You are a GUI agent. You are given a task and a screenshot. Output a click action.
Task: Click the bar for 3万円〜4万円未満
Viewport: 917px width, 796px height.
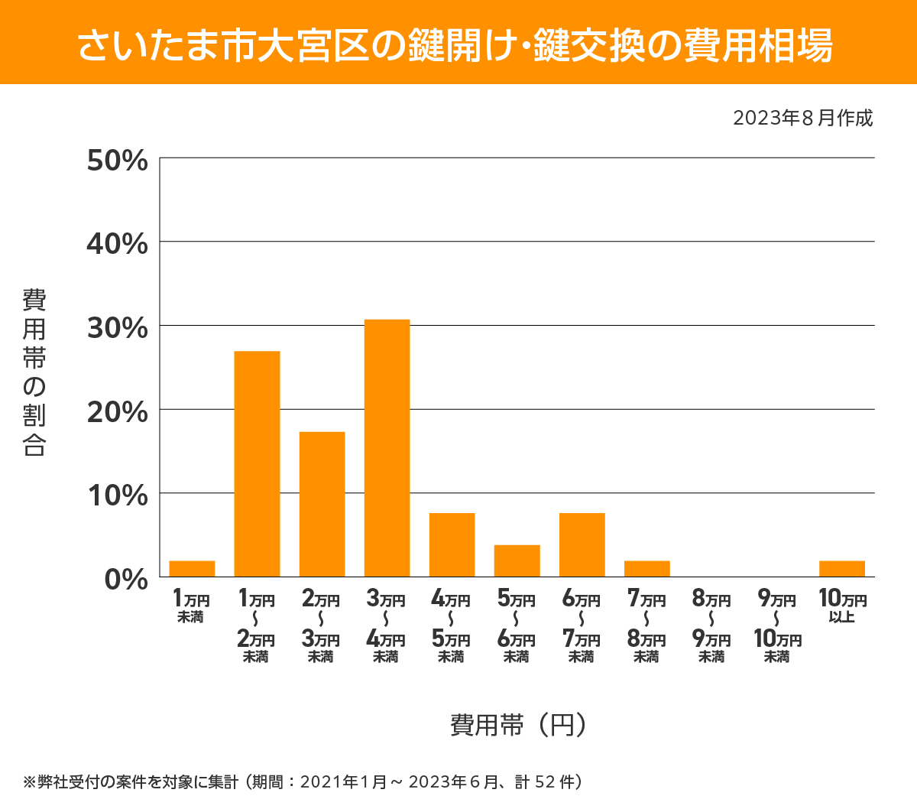pyautogui.click(x=387, y=448)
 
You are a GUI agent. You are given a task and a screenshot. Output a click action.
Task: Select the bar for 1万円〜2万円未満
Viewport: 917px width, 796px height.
pyautogui.click(x=257, y=463)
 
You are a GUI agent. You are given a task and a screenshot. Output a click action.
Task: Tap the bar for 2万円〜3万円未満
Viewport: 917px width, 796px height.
pyautogui.click(x=322, y=504)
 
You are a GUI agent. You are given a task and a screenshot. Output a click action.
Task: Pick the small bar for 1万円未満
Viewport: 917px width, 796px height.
pyautogui.click(x=192, y=569)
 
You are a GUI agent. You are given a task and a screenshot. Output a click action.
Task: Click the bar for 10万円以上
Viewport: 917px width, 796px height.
pyautogui.click(x=842, y=569)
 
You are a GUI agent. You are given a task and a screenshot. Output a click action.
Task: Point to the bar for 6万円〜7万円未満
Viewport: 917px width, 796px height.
pyautogui.click(x=582, y=544)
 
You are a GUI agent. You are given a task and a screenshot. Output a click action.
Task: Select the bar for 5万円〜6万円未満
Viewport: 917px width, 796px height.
pyautogui.click(x=517, y=560)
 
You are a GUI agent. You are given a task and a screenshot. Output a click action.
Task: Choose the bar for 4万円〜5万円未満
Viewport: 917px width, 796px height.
pyautogui.click(x=452, y=544)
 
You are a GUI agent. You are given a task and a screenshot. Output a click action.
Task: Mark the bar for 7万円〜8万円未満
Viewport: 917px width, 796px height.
pyautogui.click(x=646, y=569)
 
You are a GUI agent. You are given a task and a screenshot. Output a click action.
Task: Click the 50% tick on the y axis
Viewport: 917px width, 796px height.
pyautogui.click(x=118, y=161)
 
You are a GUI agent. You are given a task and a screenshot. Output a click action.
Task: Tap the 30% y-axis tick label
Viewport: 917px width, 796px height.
pyautogui.click(x=118, y=328)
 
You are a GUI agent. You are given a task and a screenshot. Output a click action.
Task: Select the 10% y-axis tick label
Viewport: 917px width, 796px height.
pyautogui.click(x=118, y=495)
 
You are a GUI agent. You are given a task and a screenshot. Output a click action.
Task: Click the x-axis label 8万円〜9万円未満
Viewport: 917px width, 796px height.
pyautogui.click(x=711, y=627)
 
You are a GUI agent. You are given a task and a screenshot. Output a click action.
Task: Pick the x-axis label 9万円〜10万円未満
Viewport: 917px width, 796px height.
pyautogui.click(x=777, y=627)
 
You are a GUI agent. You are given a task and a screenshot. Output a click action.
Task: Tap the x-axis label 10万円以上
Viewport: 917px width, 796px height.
pyautogui.click(x=842, y=606)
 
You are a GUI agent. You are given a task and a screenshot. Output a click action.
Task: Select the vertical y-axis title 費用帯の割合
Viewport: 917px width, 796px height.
pyautogui.click(x=34, y=372)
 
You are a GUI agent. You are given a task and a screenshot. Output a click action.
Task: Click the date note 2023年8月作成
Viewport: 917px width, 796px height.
pyautogui.click(x=802, y=119)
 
